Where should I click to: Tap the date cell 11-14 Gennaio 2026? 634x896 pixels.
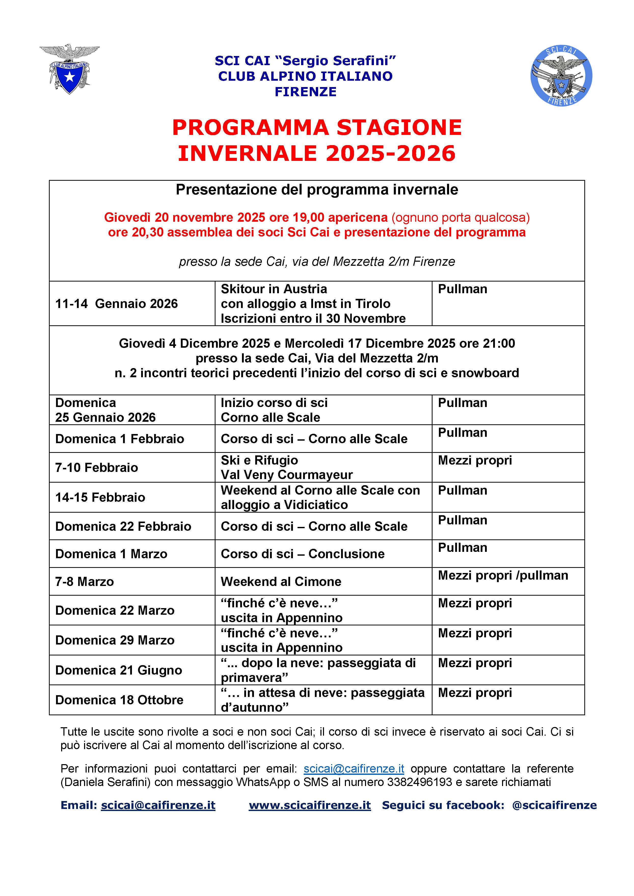[x=116, y=304]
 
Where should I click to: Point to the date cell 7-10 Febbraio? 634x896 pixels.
[x=97, y=468]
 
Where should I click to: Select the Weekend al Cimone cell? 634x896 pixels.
[x=281, y=581]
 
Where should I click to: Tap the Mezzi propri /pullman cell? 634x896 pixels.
[x=503, y=575]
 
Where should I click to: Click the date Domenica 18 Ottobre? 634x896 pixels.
[x=119, y=700]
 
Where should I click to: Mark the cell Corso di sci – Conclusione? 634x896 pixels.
[x=303, y=554]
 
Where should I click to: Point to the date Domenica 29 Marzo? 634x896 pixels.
[x=115, y=640]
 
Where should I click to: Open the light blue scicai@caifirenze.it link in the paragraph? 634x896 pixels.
[x=354, y=768]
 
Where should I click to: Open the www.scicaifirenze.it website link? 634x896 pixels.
[x=309, y=805]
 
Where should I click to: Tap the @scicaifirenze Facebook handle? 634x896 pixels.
[x=554, y=805]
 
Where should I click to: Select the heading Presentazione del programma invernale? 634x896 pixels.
[x=317, y=190]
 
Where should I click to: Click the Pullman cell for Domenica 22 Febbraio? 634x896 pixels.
[x=462, y=520]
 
